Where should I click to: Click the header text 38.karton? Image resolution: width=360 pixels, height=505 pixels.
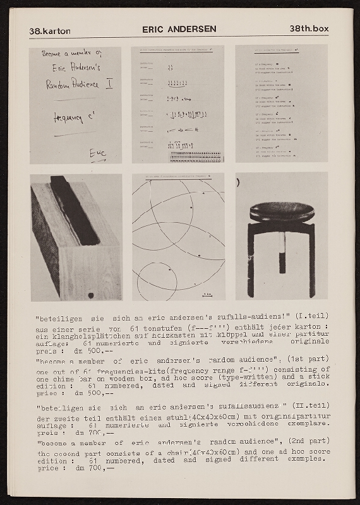point(50,30)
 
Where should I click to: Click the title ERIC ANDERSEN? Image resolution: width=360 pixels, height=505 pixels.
point(179,29)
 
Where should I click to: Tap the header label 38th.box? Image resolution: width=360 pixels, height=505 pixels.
point(309,29)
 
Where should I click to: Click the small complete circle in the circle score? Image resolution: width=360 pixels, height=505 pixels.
point(157,278)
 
